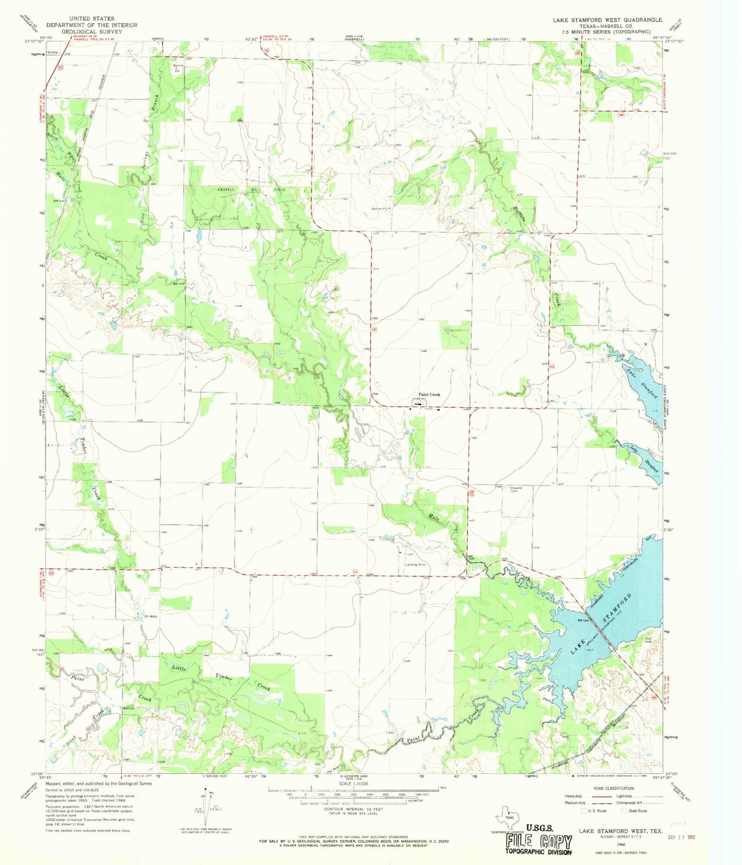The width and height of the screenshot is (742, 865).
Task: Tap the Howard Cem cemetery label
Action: pos(516,489)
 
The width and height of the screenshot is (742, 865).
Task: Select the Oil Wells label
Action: pos(150,617)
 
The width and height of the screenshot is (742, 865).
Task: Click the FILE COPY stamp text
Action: pos(539,842)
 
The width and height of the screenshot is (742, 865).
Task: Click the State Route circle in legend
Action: pos(625,811)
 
